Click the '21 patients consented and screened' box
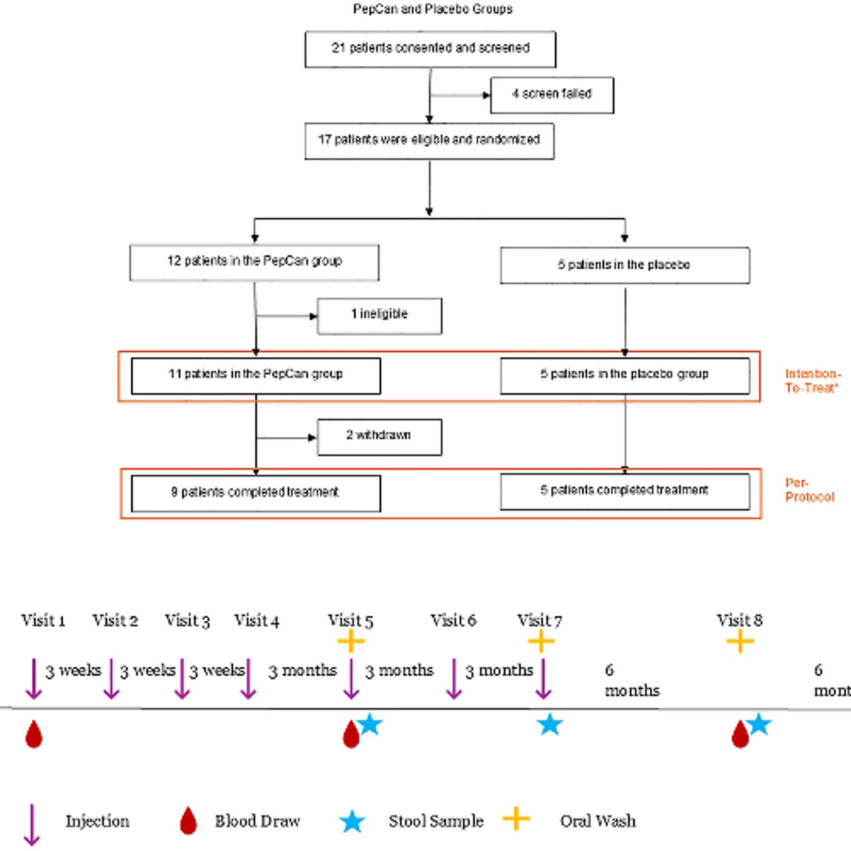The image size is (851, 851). (430, 49)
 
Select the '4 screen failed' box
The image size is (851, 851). (551, 95)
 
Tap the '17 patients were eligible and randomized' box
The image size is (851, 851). (429, 141)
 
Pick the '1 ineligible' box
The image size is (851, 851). (379, 316)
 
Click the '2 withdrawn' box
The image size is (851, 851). (379, 437)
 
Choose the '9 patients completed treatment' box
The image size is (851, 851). (256, 494)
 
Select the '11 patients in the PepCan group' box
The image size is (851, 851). (256, 376)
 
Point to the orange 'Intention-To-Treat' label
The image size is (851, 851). (813, 381)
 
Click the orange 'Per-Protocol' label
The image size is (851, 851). (810, 490)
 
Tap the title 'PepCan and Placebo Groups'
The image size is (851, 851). (433, 9)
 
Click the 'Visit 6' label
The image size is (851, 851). (453, 620)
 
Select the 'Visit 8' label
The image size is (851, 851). (740, 620)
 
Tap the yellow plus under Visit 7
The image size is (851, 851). (541, 641)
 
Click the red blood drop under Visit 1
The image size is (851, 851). (34, 734)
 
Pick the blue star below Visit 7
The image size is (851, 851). (550, 725)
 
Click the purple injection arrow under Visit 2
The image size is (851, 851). (111, 679)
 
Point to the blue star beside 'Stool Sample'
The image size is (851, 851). (352, 822)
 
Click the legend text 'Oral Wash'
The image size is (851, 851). (598, 821)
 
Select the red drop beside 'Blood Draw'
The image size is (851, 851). (188, 821)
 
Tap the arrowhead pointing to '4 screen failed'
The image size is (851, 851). (487, 95)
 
